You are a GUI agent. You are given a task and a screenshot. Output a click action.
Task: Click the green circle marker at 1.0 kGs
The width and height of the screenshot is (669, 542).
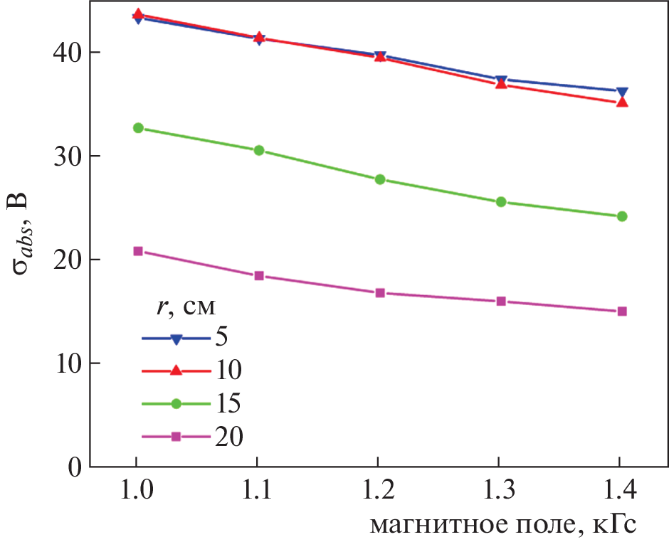pyautogui.click(x=138, y=128)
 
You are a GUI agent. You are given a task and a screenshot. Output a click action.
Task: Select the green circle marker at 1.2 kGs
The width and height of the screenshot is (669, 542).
pyautogui.click(x=380, y=179)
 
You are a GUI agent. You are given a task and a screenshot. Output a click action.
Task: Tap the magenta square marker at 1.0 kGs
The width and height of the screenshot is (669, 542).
pyautogui.click(x=138, y=251)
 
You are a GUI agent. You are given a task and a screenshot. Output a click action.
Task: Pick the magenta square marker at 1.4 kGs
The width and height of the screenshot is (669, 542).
pyautogui.click(x=622, y=312)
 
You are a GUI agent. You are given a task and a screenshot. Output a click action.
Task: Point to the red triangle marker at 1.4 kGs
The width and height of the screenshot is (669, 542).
pyautogui.click(x=622, y=102)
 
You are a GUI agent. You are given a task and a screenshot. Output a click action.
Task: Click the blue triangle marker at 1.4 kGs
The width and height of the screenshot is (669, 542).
pyautogui.click(x=622, y=92)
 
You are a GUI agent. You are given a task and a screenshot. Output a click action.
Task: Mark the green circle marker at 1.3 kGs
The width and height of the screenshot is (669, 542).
pyautogui.click(x=501, y=202)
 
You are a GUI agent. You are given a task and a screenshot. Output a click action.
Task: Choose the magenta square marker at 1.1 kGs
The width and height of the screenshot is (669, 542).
pyautogui.click(x=259, y=276)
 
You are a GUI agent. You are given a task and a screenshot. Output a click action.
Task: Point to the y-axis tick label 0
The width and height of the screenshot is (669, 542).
pyautogui.click(x=73, y=467)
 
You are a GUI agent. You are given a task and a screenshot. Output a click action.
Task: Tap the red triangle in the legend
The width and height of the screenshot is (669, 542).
pyautogui.click(x=177, y=370)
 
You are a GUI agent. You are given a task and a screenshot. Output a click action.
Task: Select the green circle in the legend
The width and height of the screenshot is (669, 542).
pyautogui.click(x=177, y=403)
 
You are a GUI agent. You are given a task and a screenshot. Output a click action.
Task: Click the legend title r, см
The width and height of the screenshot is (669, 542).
pyautogui.click(x=186, y=307)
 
